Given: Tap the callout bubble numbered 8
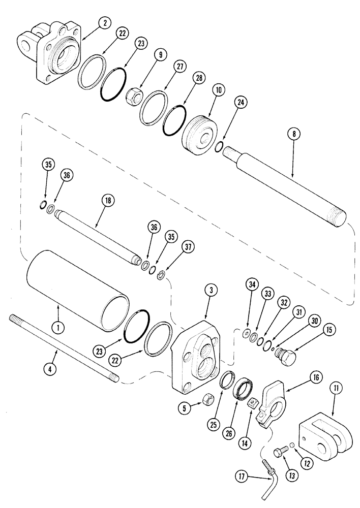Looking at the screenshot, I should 293,134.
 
